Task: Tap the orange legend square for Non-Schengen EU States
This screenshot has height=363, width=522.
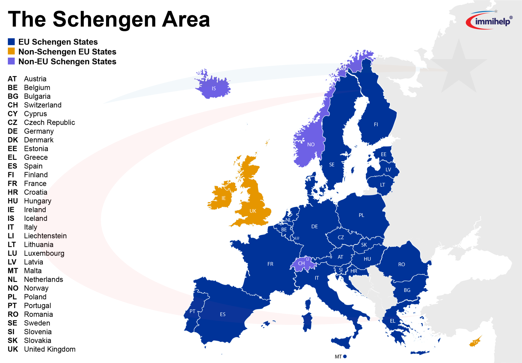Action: [x=11, y=51]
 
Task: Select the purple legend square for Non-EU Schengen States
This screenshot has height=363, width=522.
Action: [x=11, y=61]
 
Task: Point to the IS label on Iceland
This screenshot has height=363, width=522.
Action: [x=214, y=89]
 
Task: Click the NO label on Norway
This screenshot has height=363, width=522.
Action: [x=311, y=145]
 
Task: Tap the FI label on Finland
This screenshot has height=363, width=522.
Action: [x=376, y=124]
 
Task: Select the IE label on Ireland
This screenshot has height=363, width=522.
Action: [x=224, y=198]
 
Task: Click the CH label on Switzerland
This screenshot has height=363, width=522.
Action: [x=301, y=263]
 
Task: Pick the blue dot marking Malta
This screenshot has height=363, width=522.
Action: [x=345, y=356]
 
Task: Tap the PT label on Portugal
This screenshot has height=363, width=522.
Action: [x=192, y=311]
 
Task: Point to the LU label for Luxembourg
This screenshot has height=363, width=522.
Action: [x=297, y=238]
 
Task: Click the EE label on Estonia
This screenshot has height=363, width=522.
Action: [x=383, y=154]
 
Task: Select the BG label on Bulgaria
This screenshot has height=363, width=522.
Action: [x=407, y=290]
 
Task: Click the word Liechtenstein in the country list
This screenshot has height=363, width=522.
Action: [x=45, y=236]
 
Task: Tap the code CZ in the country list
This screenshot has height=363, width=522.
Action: [x=12, y=122]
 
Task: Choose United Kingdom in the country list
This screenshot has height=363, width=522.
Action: [x=50, y=349]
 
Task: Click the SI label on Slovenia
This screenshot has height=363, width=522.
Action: [x=341, y=270]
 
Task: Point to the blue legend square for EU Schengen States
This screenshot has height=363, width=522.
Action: [x=11, y=41]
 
